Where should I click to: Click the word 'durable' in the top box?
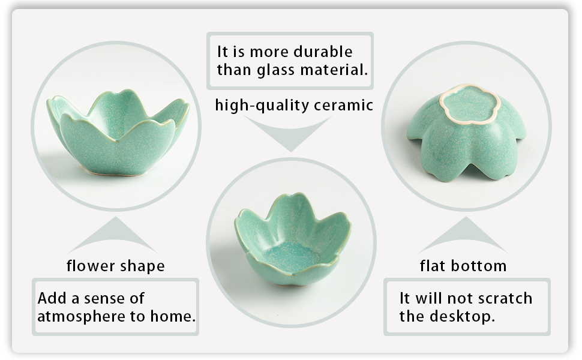[323, 52]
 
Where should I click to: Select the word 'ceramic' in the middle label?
[343, 105]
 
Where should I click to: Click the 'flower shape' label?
[115, 266]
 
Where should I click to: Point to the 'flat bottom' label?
[463, 266]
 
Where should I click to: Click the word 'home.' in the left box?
[173, 316]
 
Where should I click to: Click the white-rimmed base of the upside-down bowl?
[470, 104]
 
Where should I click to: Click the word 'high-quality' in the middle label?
[262, 106]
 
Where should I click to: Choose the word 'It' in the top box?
[223, 52]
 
